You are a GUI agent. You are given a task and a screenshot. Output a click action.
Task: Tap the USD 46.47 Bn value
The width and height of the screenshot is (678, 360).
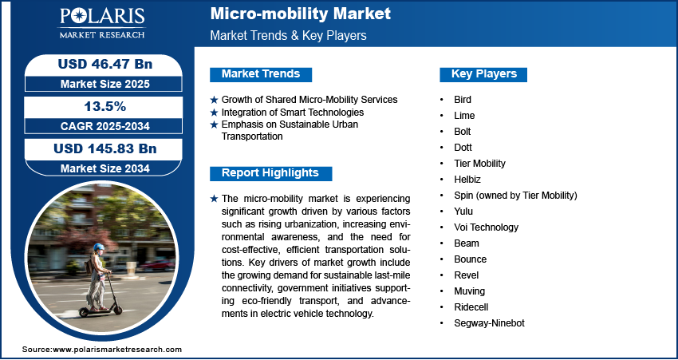tap(98, 65)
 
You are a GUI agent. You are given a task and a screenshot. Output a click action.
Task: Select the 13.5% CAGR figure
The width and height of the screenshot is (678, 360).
tap(98, 106)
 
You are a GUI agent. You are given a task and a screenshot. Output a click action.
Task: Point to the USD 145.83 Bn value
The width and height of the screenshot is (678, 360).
tap(98, 148)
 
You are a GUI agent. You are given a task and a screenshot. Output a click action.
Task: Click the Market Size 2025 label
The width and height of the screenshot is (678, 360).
tap(98, 84)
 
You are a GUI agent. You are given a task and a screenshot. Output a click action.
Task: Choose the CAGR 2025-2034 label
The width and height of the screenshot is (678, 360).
tap(98, 126)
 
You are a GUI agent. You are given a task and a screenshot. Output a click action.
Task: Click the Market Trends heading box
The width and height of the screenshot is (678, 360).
tap(260, 74)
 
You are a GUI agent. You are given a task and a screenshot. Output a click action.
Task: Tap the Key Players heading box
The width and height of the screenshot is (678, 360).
tap(483, 74)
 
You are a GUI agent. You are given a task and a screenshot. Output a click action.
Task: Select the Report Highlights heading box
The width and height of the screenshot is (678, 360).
tap(270, 173)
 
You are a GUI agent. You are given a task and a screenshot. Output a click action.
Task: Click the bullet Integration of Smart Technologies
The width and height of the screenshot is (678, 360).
tap(292, 113)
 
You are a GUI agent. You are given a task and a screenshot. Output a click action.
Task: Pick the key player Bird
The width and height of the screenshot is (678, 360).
tap(462, 100)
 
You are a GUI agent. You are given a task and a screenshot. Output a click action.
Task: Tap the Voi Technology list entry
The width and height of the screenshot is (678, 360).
tap(485, 227)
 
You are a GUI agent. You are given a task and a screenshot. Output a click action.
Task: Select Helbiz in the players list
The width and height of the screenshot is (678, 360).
tap(467, 180)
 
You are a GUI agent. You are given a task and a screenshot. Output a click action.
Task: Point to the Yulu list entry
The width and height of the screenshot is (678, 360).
tap(463, 212)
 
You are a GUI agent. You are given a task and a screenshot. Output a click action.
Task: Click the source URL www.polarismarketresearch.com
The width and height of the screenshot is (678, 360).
tap(117, 350)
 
